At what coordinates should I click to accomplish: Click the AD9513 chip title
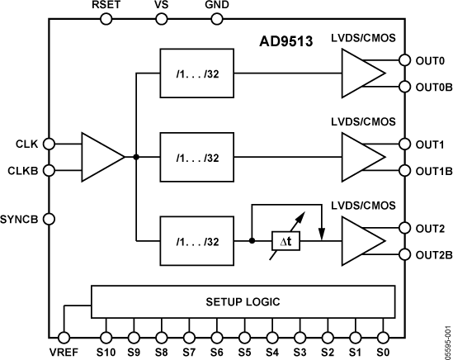pos(283,40)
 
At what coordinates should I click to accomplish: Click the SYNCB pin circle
pos(49,219)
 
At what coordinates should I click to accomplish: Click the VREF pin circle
pos(63,337)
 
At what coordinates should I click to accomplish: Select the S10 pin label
pos(105,351)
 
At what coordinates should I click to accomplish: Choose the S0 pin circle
pos(383,337)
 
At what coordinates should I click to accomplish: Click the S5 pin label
pos(244,351)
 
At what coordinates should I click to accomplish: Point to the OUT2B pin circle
pos(404,254)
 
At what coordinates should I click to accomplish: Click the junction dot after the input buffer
pos(135,156)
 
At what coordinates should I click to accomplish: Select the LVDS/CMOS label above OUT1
pos(363,121)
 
